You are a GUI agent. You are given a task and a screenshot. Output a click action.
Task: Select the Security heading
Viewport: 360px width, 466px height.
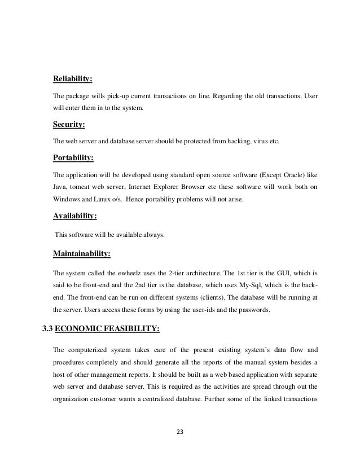click(70, 124)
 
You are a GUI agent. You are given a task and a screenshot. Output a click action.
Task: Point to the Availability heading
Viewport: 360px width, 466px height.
click(74, 215)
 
